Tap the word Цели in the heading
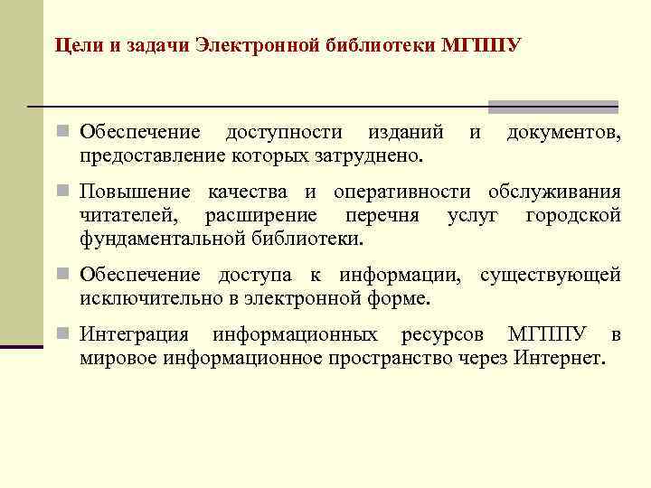tap(74, 45)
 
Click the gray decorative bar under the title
tap(552, 107)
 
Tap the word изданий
tap(405, 134)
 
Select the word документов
tap(562, 134)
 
